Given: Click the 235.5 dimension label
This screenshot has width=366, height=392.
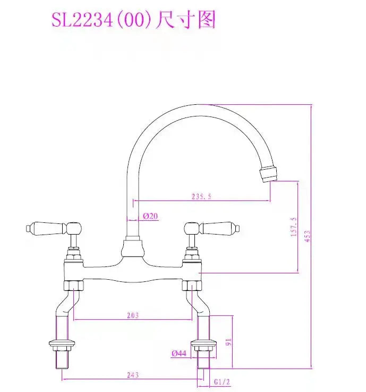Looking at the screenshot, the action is click(x=201, y=196).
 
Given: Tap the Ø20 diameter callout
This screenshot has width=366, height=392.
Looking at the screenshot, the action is click(x=150, y=216).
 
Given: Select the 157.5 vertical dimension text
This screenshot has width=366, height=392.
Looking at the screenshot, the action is click(x=294, y=227).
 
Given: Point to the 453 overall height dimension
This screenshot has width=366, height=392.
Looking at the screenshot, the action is click(x=308, y=236).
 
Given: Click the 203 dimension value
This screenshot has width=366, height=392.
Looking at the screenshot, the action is click(x=133, y=315).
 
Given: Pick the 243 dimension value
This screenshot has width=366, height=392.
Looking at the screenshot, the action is click(x=133, y=375).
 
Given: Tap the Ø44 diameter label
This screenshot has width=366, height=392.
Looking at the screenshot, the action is click(x=179, y=353).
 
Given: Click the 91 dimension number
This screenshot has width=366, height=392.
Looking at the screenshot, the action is click(x=228, y=342).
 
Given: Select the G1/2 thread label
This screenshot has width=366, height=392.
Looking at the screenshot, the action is click(x=222, y=382).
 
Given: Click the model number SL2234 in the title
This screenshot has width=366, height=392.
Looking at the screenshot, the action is click(x=82, y=20).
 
